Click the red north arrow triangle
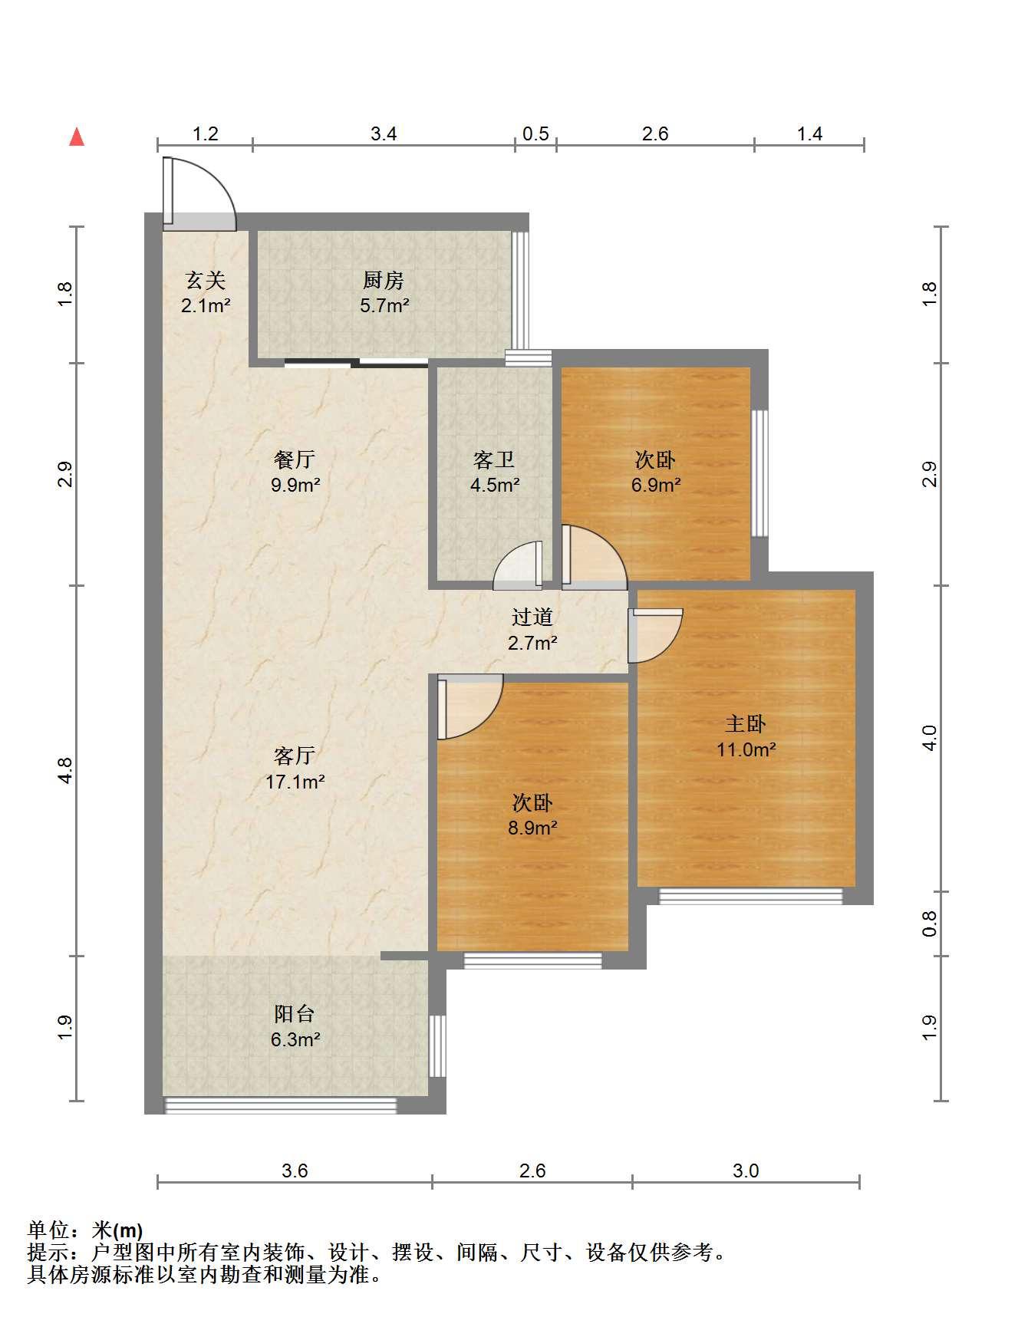(77, 137)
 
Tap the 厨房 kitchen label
(384, 280)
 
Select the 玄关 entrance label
(206, 280)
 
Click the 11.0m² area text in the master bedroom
(746, 749)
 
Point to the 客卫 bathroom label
(494, 459)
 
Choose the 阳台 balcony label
(295, 1013)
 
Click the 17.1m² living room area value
(295, 782)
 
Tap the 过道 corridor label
(532, 617)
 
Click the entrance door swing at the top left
(199, 193)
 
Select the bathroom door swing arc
(518, 565)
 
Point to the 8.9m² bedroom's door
(469, 707)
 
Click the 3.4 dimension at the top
(384, 133)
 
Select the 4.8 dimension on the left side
(65, 770)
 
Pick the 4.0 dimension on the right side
(929, 738)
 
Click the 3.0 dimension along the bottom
(746, 1171)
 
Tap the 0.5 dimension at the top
(535, 133)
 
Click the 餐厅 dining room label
(295, 459)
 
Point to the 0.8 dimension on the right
(929, 924)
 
